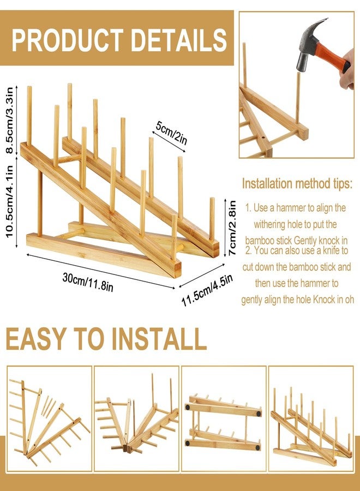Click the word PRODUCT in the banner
67,40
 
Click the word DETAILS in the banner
179,40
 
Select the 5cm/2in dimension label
172,133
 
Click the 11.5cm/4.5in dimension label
207,290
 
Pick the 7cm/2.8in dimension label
232,227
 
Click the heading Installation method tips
297,183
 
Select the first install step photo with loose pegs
50,418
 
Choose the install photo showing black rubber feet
224,418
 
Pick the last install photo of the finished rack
311,418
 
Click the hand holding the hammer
347,69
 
